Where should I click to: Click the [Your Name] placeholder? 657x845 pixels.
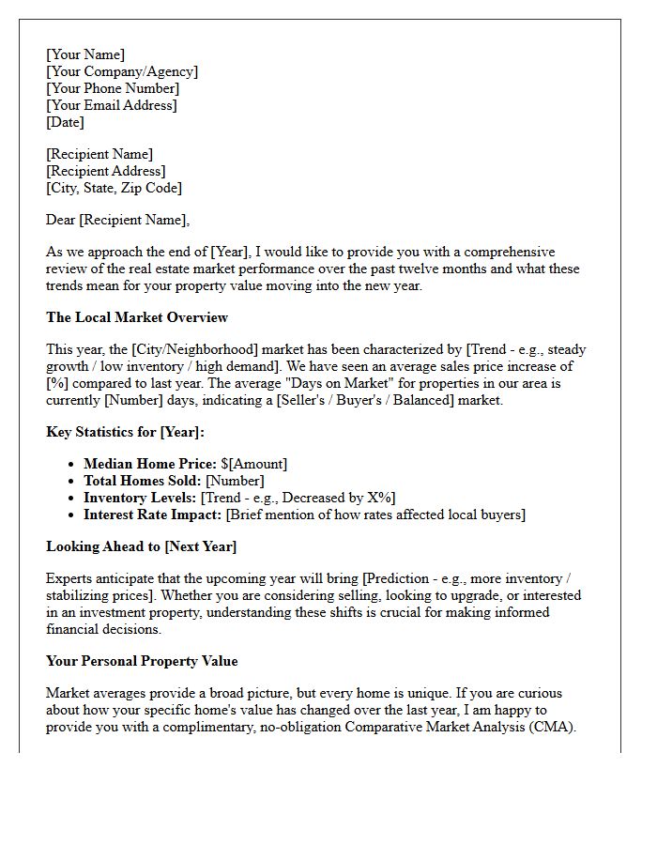click(x=85, y=55)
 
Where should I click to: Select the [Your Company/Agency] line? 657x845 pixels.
click(x=122, y=72)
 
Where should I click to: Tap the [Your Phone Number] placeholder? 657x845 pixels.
click(x=113, y=89)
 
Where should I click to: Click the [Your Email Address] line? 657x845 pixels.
click(x=112, y=106)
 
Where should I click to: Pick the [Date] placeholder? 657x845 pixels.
click(x=65, y=123)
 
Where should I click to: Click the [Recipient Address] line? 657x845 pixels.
click(x=106, y=172)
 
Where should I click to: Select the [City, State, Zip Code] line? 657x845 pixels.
click(x=114, y=189)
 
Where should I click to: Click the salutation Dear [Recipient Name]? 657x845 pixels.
click(x=117, y=221)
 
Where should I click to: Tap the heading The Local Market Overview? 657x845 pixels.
click(x=137, y=317)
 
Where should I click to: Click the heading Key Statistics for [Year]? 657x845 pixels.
click(x=125, y=432)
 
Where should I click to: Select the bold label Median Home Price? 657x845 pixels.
click(x=150, y=464)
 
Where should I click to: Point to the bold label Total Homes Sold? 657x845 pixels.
click(x=143, y=481)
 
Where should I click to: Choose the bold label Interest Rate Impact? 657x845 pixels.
click(x=153, y=515)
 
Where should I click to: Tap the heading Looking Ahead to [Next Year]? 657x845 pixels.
click(x=142, y=546)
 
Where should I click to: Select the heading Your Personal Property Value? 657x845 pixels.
click(x=142, y=661)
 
